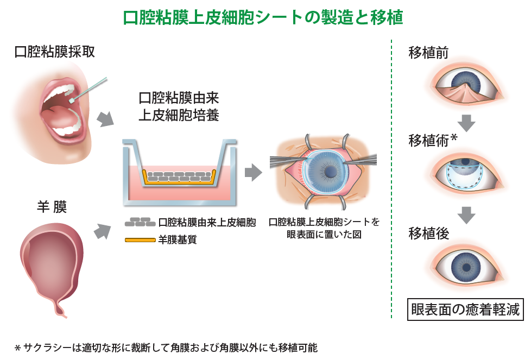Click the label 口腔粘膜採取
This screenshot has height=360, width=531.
click(x=55, y=52)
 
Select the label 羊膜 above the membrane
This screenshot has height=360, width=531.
click(x=52, y=207)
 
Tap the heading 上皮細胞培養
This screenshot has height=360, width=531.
click(x=179, y=116)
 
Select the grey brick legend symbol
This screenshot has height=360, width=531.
click(x=140, y=223)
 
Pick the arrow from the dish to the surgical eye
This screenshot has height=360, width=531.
click(x=252, y=172)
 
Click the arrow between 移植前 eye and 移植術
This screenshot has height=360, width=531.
click(x=466, y=122)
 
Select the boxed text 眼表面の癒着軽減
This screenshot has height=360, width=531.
click(x=465, y=310)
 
